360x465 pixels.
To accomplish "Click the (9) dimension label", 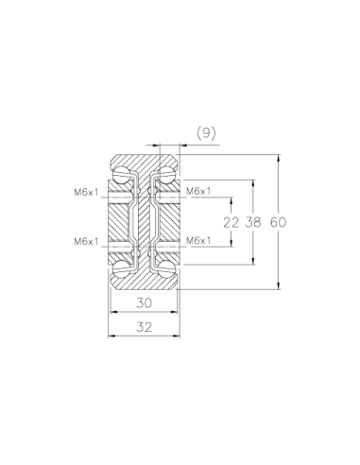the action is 206,133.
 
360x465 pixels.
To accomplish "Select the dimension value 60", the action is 278,222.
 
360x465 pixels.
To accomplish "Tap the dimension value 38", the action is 253,222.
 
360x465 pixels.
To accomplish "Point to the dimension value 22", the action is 231,223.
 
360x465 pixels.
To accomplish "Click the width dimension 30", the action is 145,302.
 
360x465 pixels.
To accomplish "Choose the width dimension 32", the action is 145,327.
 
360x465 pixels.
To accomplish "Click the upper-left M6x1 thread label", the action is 86,192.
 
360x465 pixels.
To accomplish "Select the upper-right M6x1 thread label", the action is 198,191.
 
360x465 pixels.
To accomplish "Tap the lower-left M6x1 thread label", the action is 86,242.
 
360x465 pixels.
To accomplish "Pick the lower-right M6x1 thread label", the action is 198,241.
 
